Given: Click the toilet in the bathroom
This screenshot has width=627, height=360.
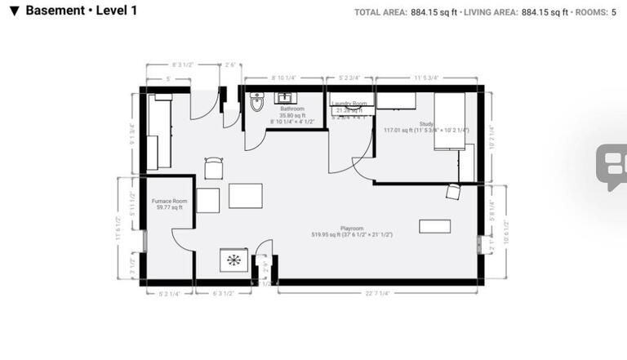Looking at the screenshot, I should pos(258,102).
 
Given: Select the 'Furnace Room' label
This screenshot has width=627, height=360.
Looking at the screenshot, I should pos(170,201).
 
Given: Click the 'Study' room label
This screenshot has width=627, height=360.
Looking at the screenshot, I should pos(426,123).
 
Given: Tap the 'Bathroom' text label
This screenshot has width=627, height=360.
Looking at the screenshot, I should pos(292,109).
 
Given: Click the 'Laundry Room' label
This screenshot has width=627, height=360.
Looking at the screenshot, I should pos(349,104).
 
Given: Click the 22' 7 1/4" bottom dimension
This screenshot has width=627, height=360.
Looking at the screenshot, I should pos(377,293).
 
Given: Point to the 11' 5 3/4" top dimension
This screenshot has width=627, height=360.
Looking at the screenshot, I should pos(425,78).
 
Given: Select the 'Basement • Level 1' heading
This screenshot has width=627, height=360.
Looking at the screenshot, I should pos(81,11).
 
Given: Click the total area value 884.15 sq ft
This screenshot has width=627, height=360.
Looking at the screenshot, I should pos(434,12).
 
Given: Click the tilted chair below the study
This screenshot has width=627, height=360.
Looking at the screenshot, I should pos(453,192).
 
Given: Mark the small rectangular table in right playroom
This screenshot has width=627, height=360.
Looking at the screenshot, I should pos(434,226).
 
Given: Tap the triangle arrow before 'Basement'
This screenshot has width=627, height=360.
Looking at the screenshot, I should pos(14,11).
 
